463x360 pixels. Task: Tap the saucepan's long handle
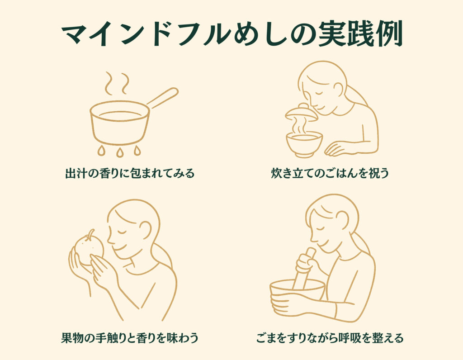point(162,97)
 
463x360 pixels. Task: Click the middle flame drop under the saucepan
point(119,152)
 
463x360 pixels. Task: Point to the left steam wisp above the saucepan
point(109,83)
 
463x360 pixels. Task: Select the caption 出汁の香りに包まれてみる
point(130,173)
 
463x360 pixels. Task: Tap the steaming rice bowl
point(304,144)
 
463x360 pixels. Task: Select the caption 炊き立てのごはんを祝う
point(330,173)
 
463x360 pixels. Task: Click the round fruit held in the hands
point(88,250)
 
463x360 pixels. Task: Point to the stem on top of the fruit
point(91,233)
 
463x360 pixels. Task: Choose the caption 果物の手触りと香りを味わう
point(130,337)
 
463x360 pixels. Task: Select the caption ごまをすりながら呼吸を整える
point(330,337)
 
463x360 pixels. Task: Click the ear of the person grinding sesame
point(343,219)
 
